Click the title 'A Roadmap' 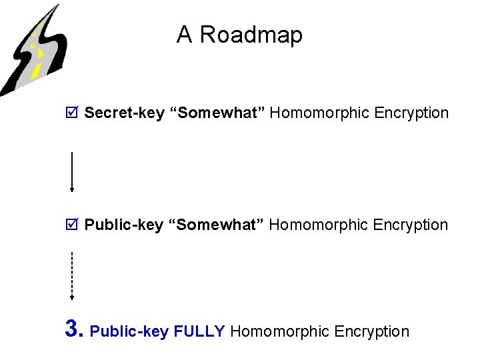(x=239, y=35)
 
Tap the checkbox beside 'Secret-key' (x=72, y=113)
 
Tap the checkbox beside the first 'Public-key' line (x=72, y=225)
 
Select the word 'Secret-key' (x=124, y=113)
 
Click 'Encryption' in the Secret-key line (x=411, y=113)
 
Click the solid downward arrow (x=72, y=172)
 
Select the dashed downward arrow (x=72, y=275)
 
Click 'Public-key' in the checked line (x=123, y=225)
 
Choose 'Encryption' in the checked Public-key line (x=411, y=225)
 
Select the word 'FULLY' (x=199, y=331)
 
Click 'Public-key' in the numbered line (x=129, y=331)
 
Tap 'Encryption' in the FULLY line (x=372, y=331)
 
